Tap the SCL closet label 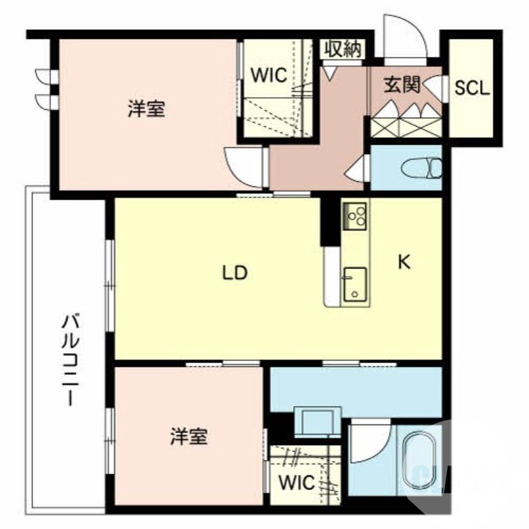(472, 89)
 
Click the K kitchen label (404, 263)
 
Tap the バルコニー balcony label (71, 360)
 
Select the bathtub (421, 462)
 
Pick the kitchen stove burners (355, 214)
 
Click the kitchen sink (355, 284)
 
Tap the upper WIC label (268, 75)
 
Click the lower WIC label (296, 483)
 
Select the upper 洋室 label (147, 109)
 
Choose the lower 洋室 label (188, 436)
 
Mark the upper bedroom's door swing (242, 167)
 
